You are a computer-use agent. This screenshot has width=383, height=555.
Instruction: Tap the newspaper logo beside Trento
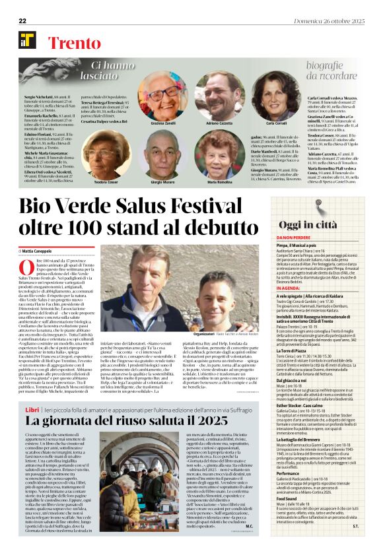pos(27,40)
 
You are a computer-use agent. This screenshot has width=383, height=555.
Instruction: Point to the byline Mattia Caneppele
pos(38,251)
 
